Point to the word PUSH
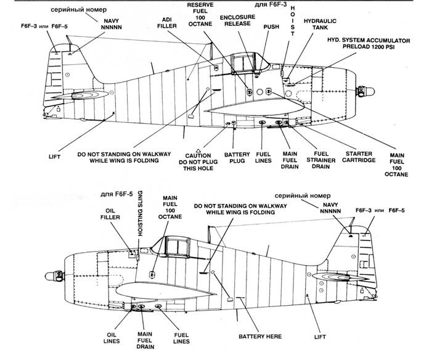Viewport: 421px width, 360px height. [271, 28]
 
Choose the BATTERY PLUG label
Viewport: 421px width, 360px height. [236, 155]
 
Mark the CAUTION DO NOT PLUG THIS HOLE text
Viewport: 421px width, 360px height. [197, 160]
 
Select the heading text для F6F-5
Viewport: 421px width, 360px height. [116, 195]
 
